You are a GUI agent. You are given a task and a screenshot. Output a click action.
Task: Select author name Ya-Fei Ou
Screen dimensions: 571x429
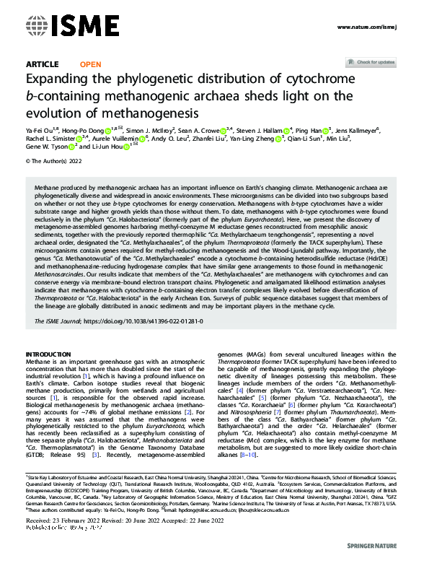39,129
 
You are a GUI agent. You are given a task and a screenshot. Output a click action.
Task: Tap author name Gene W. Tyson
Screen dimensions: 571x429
47,148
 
